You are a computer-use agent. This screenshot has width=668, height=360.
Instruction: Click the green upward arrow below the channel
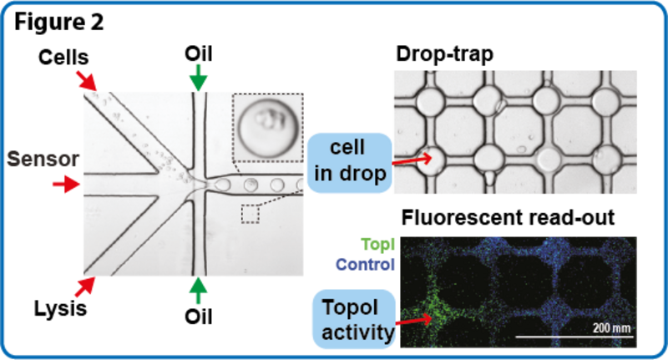pos(197,291)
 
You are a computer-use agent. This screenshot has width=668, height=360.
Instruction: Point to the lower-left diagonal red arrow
pos(87,286)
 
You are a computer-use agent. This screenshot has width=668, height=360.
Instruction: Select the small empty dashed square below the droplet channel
pos(250,213)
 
